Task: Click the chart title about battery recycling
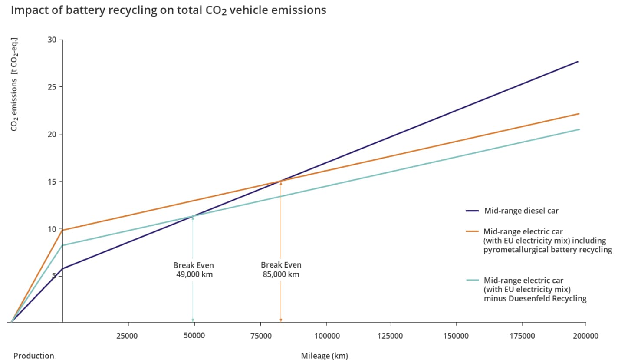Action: point(168,10)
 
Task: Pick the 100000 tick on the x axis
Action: point(326,336)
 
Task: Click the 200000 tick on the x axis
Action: point(585,336)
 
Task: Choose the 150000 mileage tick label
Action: point(456,336)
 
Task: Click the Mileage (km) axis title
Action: point(324,356)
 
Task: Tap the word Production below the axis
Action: point(34,356)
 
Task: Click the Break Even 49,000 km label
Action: point(194,270)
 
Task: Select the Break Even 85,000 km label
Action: point(281,269)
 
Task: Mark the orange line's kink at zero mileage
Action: point(62,230)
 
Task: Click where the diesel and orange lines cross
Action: point(281,181)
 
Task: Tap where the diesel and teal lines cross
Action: point(193,216)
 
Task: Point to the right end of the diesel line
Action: point(578,62)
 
